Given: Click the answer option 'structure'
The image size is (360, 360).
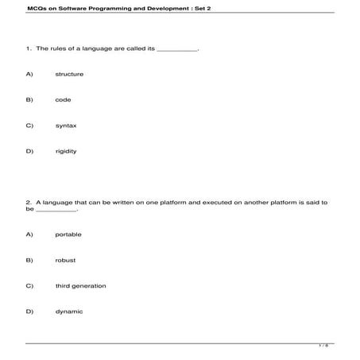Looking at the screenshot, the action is coord(69,74).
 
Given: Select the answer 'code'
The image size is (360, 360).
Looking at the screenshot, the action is coord(63,99).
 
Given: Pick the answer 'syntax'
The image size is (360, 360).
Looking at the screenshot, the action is coord(66,125).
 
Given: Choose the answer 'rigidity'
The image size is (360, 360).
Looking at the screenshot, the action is coord(66,151).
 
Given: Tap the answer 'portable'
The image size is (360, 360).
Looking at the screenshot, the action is coord(68,234).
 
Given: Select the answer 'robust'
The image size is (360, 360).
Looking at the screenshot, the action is coord(65,260).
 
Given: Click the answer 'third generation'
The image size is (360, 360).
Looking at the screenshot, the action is coord(80,285).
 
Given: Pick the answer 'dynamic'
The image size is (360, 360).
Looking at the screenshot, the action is coord(68,312).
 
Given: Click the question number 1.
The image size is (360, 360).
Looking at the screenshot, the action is coord(28,48).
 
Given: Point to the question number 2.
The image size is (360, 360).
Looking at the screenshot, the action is coord(28,202).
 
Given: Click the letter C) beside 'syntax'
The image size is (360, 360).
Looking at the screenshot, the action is coord(29,125).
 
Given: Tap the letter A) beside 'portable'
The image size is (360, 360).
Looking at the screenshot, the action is coord(29,234).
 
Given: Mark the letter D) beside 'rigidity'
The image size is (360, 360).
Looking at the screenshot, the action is coord(29,151).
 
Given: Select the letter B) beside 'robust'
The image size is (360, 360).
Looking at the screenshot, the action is coord(29,260).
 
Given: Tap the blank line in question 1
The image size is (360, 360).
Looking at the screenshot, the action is coord(177,49).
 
